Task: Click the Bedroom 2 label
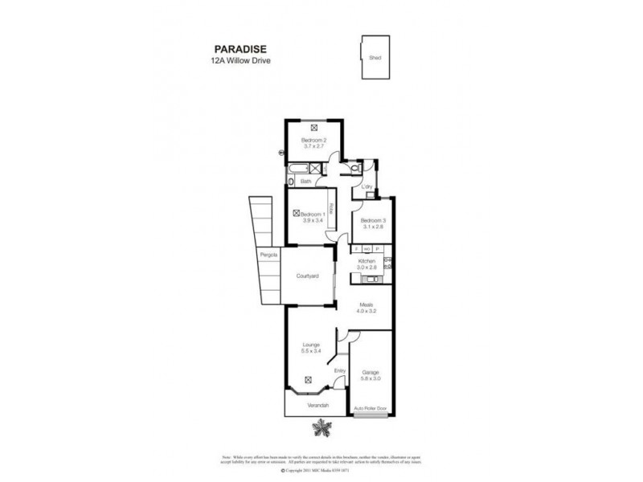(x=314, y=144)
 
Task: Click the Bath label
(x=306, y=182)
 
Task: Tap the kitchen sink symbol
(x=371, y=280)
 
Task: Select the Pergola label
(x=268, y=255)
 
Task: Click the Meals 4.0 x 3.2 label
(x=367, y=307)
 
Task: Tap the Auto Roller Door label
(x=371, y=408)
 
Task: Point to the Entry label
(x=340, y=371)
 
